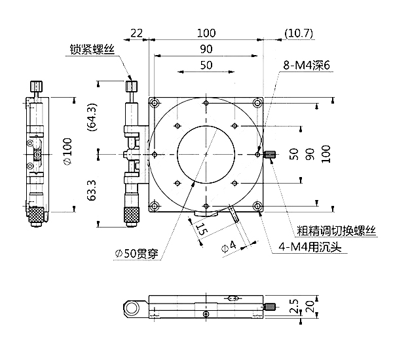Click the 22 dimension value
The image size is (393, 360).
point(136,32)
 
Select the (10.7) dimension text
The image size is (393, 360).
point(299,32)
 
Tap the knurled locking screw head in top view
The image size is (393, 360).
point(132,87)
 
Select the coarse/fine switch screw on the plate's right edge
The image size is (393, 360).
point(270,155)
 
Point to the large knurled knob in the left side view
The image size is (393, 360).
point(36,214)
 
